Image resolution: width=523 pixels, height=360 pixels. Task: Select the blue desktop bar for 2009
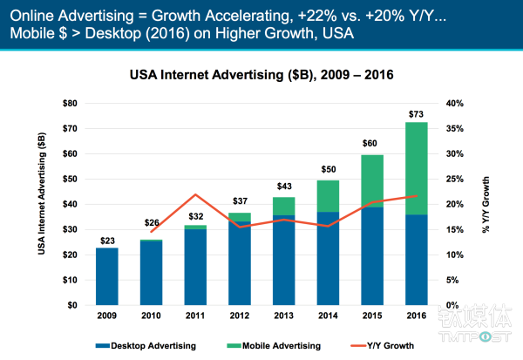(106, 276)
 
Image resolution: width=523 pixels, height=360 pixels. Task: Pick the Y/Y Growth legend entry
(402, 344)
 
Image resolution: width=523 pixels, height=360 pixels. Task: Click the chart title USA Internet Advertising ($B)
(261, 75)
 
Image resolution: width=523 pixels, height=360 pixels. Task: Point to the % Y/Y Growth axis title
(485, 204)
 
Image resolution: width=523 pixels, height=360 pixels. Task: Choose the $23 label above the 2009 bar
(106, 241)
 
